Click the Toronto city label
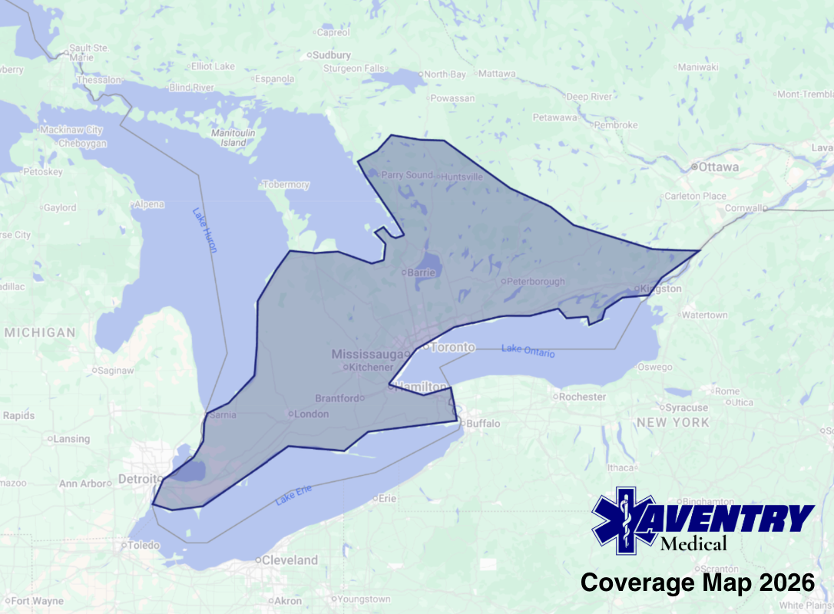pos(452,347)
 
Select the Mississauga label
pos(368,354)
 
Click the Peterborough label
pos(535,282)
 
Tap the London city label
pos(312,414)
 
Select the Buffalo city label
pos(483,423)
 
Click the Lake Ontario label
pos(528,350)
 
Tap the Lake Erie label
pos(294,498)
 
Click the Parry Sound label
pos(407,175)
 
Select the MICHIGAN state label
pos(40,332)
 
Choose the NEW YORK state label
pos(673,423)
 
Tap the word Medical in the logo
pos(693,544)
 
